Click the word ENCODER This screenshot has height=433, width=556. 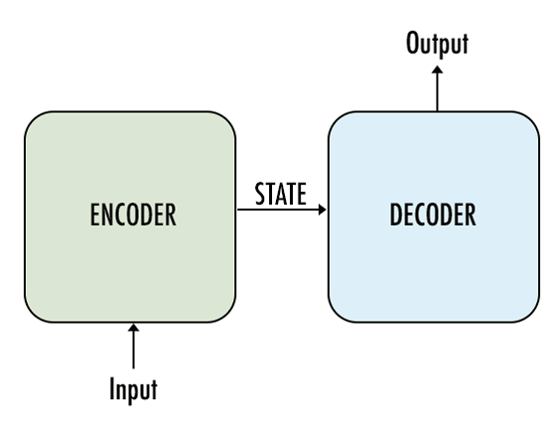pyautogui.click(x=133, y=215)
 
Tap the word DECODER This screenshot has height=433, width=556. pyautogui.click(x=433, y=215)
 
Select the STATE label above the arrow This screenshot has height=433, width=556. pyautogui.click(x=280, y=194)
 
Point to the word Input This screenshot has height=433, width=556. pyautogui.click(x=133, y=390)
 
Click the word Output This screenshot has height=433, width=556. pyautogui.click(x=437, y=44)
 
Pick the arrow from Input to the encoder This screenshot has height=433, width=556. pyautogui.click(x=133, y=347)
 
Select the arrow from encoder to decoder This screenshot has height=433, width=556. pyautogui.click(x=282, y=210)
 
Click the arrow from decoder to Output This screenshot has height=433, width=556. pyautogui.click(x=437, y=88)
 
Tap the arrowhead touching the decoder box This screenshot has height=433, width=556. pyautogui.click(x=322, y=210)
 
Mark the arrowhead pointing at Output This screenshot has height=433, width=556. pyautogui.click(x=437, y=70)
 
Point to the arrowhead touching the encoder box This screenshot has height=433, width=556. pyautogui.click(x=133, y=328)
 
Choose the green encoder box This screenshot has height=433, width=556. pyautogui.click(x=130, y=217)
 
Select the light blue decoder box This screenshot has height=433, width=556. pyautogui.click(x=434, y=217)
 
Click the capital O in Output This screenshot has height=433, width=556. pyautogui.click(x=413, y=43)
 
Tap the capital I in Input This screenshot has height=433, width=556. pyautogui.click(x=112, y=388)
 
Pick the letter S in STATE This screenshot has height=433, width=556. pyautogui.click(x=260, y=194)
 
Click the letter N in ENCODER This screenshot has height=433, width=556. pyautogui.click(x=109, y=215)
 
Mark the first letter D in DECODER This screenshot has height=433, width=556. pyautogui.click(x=395, y=215)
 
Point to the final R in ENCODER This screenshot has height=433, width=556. pyautogui.click(x=171, y=215)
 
